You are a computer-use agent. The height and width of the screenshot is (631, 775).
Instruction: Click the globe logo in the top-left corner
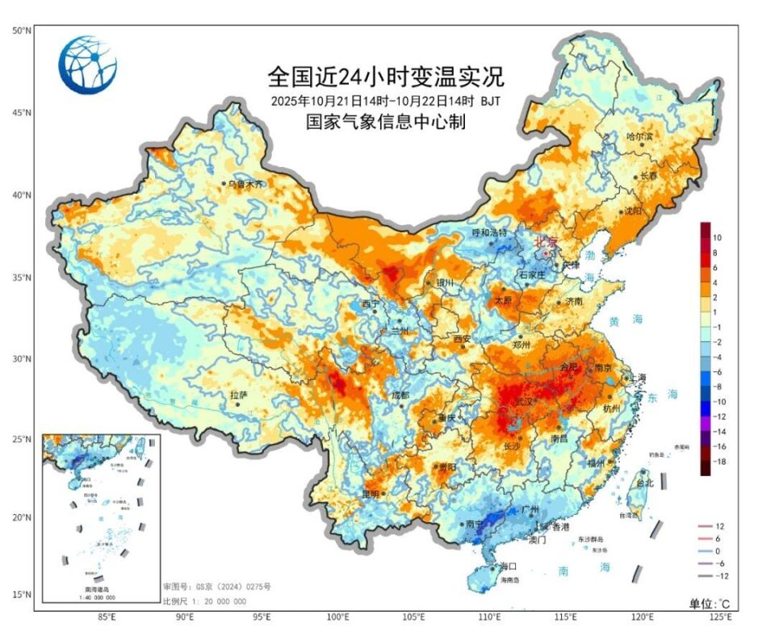coord(88,65)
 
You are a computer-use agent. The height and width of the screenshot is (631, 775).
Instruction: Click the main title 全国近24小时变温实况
coord(386,77)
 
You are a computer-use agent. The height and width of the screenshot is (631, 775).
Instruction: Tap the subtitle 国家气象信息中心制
coord(386,122)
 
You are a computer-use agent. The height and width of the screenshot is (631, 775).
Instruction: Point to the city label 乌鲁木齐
coord(245,184)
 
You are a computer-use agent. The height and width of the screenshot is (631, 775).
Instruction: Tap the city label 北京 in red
coord(547,241)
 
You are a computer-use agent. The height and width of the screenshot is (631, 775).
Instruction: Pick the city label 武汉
coord(524,401)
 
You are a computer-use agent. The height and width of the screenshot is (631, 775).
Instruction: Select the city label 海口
coord(508,566)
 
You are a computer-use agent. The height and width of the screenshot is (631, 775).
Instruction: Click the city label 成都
coord(400,395)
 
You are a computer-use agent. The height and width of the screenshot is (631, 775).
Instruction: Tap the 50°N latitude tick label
coord(22,31)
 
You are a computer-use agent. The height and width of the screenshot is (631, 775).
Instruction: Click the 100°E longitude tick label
coord(338,617)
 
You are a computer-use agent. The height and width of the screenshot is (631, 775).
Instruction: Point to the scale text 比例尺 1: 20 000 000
coord(206,602)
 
